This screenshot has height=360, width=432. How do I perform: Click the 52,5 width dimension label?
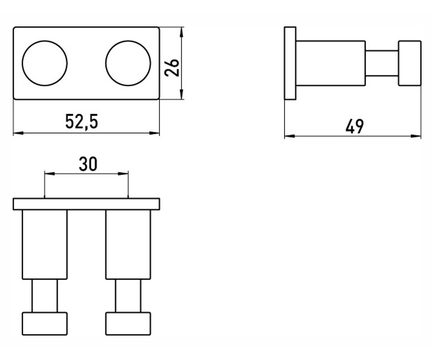[81, 121]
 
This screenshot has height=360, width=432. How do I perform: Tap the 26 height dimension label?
[172, 68]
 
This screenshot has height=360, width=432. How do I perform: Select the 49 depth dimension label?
[354, 126]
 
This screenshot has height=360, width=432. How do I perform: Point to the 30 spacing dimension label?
[88, 164]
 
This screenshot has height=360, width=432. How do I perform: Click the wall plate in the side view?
[290, 63]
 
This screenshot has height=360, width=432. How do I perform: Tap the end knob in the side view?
[410, 63]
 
